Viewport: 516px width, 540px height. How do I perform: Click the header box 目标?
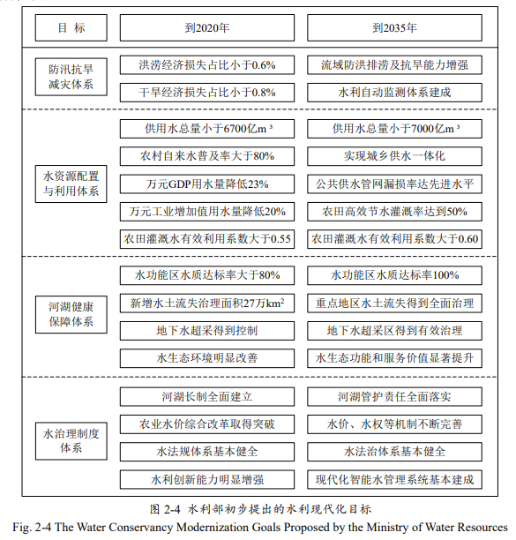[x=72, y=28]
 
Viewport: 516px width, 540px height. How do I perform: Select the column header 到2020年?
[x=207, y=28]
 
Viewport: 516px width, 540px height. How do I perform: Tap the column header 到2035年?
[x=395, y=28]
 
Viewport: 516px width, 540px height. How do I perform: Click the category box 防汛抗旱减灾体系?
[x=72, y=78]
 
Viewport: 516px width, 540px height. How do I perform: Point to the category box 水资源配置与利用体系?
[x=72, y=183]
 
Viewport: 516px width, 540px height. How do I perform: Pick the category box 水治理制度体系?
[x=72, y=439]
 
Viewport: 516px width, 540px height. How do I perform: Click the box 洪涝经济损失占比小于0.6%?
[x=207, y=64]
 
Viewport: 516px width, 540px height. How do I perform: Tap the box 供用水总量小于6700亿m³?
[x=207, y=129]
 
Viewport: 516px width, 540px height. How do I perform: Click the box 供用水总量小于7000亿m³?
[x=395, y=129]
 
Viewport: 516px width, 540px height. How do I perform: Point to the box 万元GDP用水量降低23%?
[x=207, y=184]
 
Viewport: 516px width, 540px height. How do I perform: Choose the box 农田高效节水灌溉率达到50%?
[x=395, y=212]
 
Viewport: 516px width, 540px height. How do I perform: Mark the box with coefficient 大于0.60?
[x=395, y=239]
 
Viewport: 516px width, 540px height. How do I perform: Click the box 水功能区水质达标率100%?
[x=395, y=274]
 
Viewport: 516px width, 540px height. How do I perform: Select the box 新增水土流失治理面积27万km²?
[x=207, y=303]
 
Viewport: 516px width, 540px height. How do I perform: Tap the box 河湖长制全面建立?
[x=207, y=396]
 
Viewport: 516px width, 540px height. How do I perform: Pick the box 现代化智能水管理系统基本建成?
[x=395, y=480]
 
